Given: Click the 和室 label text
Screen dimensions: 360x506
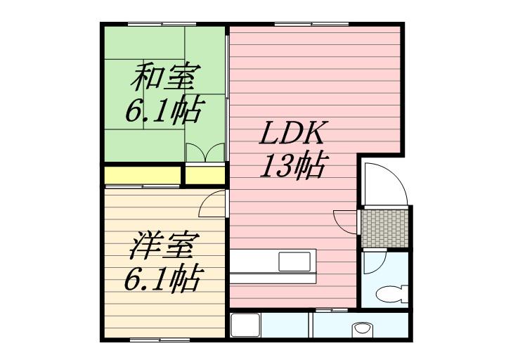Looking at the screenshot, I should tap(165, 76).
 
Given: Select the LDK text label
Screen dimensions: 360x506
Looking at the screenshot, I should tap(293, 134).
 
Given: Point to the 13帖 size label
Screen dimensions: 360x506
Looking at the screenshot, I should tap(293, 166).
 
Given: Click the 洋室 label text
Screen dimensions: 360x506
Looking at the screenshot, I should tap(164, 246).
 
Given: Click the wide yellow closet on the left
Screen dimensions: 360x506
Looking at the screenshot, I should tap(143, 174).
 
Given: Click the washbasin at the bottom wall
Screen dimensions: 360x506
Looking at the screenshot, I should tap(363, 328).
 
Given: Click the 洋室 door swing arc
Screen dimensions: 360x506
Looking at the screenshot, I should tap(212, 205).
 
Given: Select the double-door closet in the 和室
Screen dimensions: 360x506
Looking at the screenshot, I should tap(205, 153).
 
